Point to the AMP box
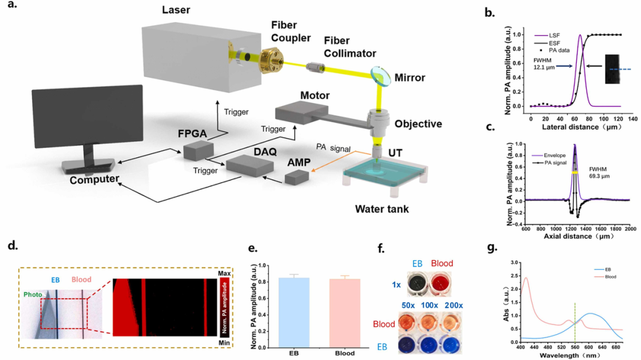tap(297, 177)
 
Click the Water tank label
tap(381, 208)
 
